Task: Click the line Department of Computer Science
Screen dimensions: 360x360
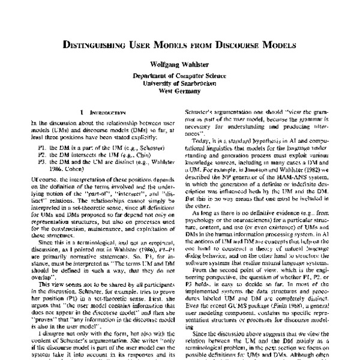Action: tap(179, 77)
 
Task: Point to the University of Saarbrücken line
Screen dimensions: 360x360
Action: tap(179, 85)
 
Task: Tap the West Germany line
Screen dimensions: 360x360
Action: tap(179, 92)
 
